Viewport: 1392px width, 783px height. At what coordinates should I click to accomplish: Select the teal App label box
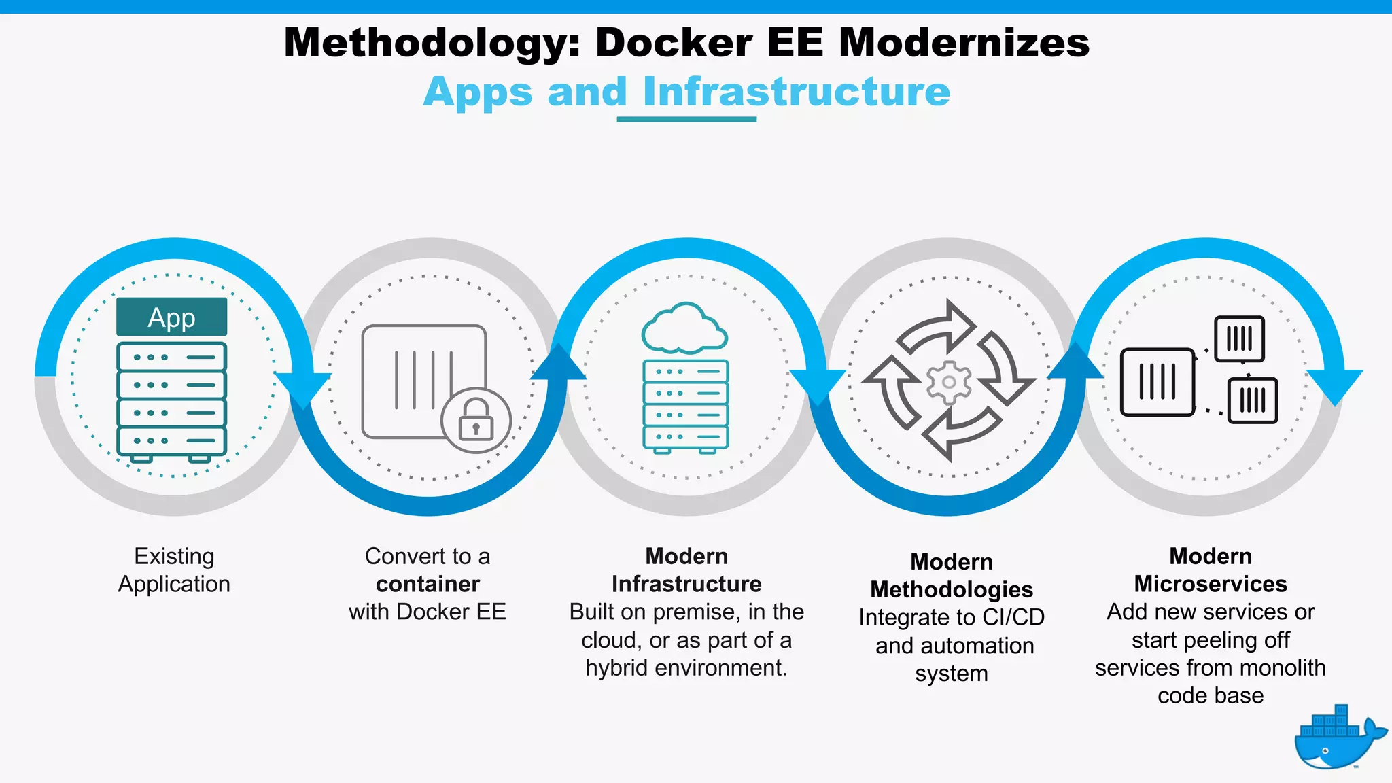[171, 317]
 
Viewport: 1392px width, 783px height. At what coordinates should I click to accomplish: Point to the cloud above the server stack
[684, 328]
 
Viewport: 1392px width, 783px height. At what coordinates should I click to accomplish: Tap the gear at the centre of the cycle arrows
[949, 382]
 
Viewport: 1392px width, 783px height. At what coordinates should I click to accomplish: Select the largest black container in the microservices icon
[1158, 382]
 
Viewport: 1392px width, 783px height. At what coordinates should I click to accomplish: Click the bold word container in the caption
[428, 584]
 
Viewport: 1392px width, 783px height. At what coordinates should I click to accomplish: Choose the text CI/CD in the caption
[1013, 617]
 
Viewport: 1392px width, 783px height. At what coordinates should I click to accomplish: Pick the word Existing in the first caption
[174, 556]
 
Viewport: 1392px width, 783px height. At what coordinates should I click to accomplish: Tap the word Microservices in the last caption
[1211, 584]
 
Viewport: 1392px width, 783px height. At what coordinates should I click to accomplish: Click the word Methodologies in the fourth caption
[952, 589]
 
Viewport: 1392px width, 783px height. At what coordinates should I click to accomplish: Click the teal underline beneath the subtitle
[686, 120]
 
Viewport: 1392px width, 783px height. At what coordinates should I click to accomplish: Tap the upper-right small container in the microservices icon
[1240, 338]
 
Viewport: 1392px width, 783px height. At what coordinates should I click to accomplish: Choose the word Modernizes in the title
[964, 43]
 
